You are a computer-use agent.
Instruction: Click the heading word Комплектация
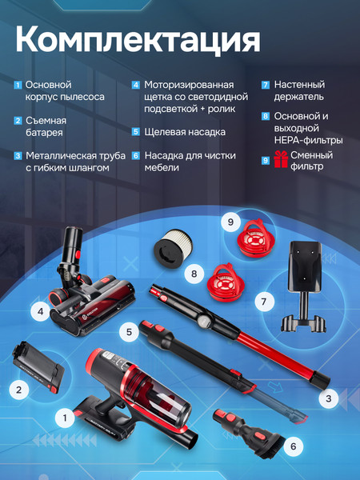coord(137,39)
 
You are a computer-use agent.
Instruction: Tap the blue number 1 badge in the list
coord(18,85)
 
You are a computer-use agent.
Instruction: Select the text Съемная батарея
coord(44,126)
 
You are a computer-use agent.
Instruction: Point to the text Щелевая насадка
coord(185,132)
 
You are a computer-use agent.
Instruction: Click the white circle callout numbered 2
coord(19,390)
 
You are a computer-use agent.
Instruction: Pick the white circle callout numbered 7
coord(261,302)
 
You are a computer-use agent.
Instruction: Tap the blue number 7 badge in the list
coord(266,85)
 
